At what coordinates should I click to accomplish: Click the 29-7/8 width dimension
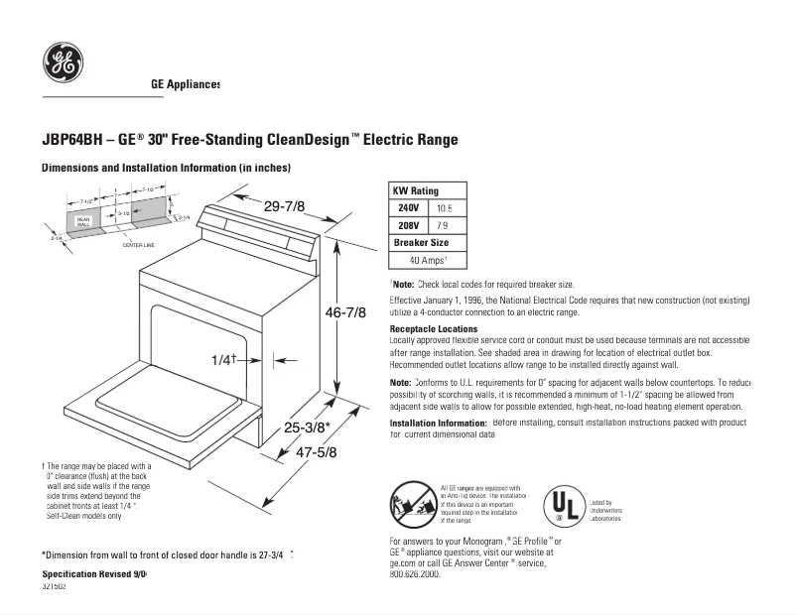(284, 205)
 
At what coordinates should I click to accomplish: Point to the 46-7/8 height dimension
(346, 312)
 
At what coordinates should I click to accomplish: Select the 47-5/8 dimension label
(317, 452)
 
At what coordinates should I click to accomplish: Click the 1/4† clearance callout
(223, 359)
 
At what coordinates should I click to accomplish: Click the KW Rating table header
(415, 190)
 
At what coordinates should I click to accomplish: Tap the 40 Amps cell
(428, 260)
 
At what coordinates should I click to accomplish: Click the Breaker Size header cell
(421, 242)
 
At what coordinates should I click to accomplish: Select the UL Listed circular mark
(563, 506)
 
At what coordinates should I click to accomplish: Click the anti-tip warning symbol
(411, 503)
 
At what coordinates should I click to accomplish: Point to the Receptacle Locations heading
(433, 328)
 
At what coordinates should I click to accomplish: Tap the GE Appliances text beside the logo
(186, 85)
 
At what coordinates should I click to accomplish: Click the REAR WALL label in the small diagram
(83, 220)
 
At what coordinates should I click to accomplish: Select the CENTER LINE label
(137, 244)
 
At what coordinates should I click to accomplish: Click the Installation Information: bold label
(438, 423)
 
